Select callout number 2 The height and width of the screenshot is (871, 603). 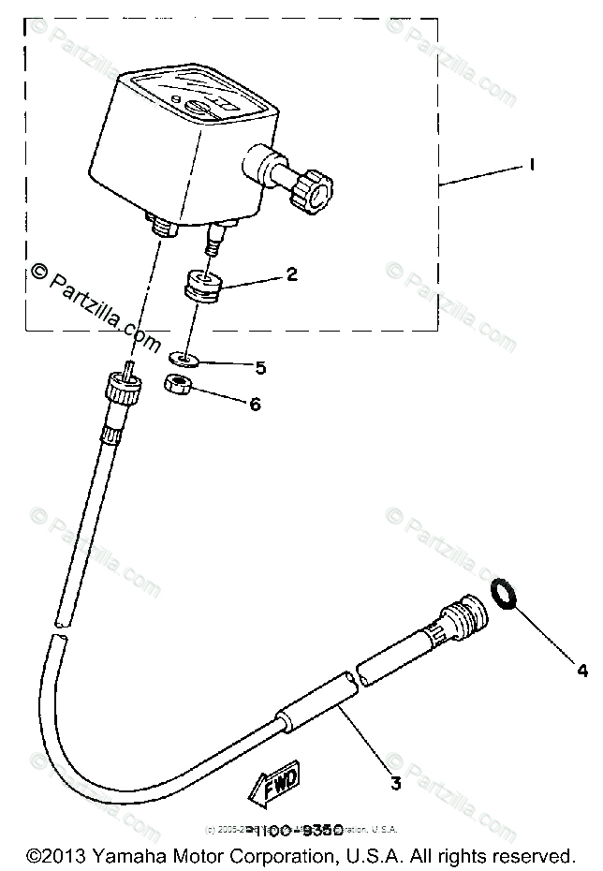[x=292, y=274]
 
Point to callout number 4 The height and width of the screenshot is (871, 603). [x=582, y=671]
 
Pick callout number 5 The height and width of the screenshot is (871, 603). [x=260, y=368]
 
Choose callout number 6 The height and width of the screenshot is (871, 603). [x=255, y=405]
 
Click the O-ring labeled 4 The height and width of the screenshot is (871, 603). [x=504, y=593]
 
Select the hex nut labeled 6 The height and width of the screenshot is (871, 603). [x=178, y=383]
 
